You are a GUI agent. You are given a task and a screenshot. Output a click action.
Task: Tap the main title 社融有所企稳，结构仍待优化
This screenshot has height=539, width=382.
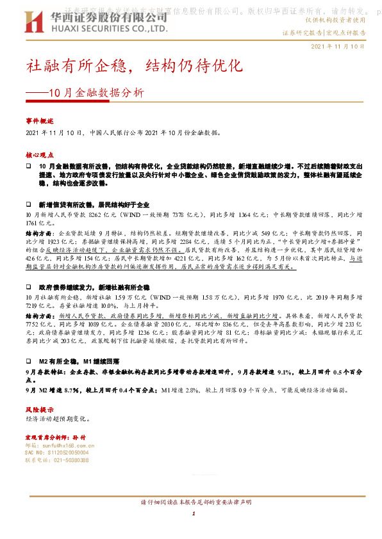135,65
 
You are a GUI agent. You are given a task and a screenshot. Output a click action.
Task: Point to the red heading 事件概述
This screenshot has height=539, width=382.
39,120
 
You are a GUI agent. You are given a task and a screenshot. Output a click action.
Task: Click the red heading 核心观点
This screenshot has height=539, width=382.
39,155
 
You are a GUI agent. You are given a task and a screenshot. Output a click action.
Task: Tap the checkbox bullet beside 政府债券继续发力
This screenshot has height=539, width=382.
29,282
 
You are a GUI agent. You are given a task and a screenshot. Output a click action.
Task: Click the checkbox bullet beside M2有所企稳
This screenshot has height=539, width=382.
29,362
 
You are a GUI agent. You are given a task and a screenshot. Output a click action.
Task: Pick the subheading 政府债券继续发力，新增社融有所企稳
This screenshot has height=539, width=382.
94,282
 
